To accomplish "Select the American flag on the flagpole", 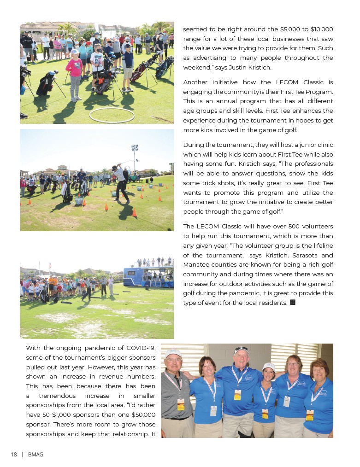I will tap(49, 266).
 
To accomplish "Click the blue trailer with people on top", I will tap(148, 276).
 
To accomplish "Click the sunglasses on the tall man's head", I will tap(241, 350).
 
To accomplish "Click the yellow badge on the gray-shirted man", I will tap(181, 404).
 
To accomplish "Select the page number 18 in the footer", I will tap(14, 455).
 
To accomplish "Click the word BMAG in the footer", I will tap(35, 455).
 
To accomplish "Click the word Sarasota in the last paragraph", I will tap(293, 255).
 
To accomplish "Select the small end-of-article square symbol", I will tap(292, 303).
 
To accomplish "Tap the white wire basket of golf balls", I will tap(79, 201).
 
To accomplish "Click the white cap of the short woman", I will tap(269, 367).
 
